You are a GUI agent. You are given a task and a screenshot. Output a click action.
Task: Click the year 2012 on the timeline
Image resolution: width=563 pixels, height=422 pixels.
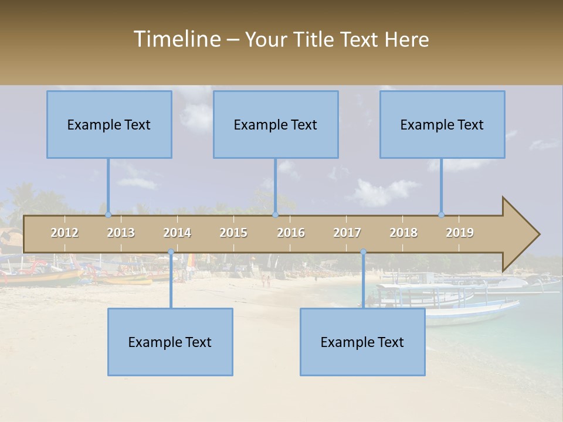(65, 233)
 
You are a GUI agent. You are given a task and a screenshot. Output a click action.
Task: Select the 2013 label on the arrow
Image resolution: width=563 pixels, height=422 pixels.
(121, 233)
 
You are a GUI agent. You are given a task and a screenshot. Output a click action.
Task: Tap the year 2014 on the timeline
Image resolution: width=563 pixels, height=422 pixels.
(177, 233)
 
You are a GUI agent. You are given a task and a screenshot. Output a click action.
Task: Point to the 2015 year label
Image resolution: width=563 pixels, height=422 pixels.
(233, 233)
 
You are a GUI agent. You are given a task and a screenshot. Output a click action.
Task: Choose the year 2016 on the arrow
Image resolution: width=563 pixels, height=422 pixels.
(291, 233)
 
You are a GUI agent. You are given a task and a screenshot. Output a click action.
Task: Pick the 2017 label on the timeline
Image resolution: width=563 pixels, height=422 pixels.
(347, 233)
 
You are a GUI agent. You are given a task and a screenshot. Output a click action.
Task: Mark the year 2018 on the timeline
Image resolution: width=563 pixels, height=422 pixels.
(403, 233)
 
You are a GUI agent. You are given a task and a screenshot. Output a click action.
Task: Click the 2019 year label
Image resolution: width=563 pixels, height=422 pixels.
(460, 233)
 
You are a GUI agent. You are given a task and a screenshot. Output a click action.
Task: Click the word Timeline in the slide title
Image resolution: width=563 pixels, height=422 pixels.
(177, 39)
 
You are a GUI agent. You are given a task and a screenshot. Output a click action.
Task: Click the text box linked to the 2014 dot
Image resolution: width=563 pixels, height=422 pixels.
(170, 342)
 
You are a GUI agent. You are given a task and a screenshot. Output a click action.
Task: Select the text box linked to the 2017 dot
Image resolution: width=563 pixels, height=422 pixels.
(362, 342)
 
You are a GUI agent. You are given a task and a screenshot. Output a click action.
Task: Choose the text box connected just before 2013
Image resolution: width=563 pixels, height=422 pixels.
(109, 124)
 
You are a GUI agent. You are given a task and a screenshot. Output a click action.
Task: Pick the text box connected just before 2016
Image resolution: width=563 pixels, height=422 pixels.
(276, 124)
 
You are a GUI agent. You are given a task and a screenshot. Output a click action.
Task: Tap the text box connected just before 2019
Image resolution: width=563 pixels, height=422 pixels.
(442, 124)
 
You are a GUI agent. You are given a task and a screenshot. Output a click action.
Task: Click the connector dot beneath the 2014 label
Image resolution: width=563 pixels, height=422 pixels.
(171, 252)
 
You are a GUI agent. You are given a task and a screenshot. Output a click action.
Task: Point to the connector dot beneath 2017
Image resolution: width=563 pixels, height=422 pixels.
(363, 252)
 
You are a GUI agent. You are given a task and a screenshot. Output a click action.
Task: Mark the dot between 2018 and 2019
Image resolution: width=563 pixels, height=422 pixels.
(442, 215)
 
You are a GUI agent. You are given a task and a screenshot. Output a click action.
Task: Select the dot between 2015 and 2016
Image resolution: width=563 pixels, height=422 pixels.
(275, 215)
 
